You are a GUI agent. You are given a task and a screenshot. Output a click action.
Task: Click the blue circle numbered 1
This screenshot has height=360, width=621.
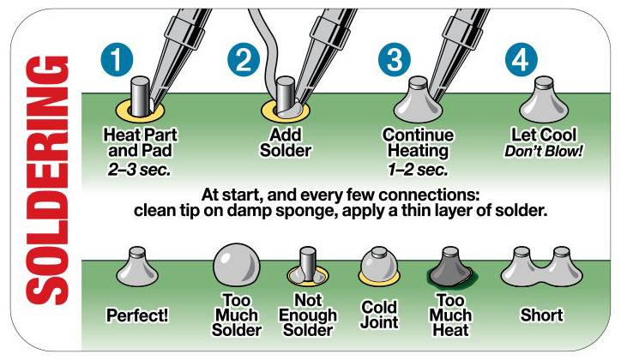tap(118, 60)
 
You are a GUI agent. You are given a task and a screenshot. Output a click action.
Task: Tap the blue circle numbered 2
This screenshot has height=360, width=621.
tap(244, 60)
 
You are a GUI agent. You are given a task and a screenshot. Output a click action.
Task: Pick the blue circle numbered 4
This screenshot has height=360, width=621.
tap(522, 60)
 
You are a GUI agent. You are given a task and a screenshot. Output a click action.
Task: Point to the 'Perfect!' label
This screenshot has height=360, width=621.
tap(137, 315)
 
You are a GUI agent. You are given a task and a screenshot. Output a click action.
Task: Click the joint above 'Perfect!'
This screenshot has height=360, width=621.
tap(137, 268)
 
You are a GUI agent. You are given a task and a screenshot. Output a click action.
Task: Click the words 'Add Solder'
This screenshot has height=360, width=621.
tap(289, 143)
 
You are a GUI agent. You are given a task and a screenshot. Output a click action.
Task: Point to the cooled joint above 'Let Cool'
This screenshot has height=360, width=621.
tap(541, 100)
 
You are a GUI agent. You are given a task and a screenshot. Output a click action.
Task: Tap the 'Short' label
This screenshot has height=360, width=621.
tap(541, 315)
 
